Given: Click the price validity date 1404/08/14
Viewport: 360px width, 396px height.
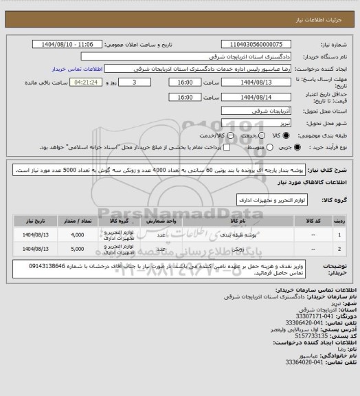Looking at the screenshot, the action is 251,97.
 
